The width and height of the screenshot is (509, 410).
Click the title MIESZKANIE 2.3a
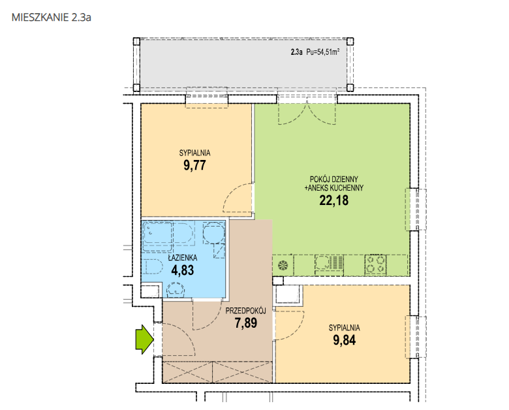52,17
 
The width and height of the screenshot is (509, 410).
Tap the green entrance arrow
144,339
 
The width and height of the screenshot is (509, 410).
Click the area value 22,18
333,200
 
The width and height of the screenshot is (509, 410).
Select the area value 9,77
194,165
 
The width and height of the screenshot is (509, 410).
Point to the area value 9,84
344,340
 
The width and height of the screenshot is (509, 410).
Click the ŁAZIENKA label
183,258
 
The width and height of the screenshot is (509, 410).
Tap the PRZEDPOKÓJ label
246,311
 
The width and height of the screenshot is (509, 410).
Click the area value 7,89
246,323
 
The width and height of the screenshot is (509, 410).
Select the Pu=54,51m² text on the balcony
323,52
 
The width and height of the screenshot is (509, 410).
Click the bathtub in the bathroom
157,236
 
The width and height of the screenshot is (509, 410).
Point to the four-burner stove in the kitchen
375,264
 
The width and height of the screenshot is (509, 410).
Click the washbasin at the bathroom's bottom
176,290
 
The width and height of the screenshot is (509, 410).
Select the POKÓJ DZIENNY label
333,179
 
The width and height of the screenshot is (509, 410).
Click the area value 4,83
183,270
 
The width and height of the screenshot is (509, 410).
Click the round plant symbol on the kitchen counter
283,266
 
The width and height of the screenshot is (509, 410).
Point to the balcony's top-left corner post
136,41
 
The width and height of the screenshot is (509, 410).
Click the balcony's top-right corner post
350,41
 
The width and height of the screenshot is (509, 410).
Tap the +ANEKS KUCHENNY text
333,188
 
